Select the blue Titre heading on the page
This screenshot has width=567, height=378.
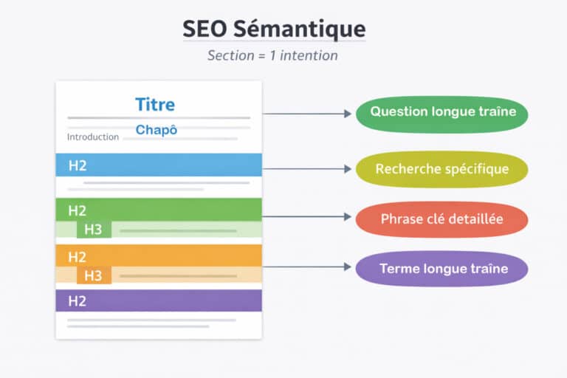[x=155, y=104]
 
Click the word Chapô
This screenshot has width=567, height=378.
[x=157, y=130]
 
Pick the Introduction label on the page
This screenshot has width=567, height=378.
[x=93, y=137]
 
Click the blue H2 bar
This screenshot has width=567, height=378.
[x=159, y=165]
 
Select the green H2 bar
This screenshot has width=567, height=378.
[x=159, y=210]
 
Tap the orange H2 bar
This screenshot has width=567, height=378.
[x=159, y=256]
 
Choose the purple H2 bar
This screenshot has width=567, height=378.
[x=159, y=300]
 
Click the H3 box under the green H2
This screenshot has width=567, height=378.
[x=94, y=230]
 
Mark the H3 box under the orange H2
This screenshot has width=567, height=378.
[x=94, y=276]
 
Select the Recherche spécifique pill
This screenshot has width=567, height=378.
[x=442, y=170]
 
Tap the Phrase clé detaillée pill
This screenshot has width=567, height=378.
[x=442, y=219]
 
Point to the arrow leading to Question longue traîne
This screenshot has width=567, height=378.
[x=307, y=114]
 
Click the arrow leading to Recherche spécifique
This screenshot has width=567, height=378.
[x=307, y=169]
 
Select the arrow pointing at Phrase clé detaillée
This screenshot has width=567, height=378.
[x=307, y=217]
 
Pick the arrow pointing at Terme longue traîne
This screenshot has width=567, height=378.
[x=307, y=266]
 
